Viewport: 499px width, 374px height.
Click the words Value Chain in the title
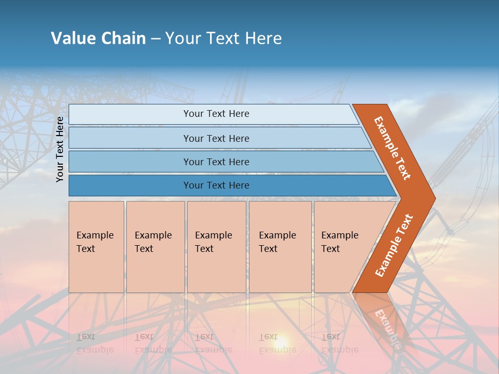pos(98,38)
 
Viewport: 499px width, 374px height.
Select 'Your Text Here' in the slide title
pos(224,38)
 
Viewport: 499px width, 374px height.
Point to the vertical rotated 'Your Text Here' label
pos(60,149)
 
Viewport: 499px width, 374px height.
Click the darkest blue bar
pos(130,185)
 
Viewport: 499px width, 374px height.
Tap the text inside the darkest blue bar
pos(216,185)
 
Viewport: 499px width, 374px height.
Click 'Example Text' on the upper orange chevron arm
pos(392,148)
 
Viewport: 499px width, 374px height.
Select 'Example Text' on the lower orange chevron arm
pos(394,246)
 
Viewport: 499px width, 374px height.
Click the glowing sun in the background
pos(280,342)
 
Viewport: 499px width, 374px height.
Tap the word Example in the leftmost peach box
pos(95,235)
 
